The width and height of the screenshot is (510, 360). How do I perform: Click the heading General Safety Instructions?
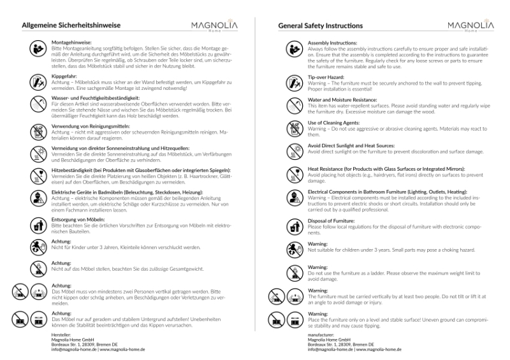pos(321,26)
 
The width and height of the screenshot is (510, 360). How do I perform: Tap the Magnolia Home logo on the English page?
pos(470,26)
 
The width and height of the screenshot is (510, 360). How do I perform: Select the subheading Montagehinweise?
pos(71,42)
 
